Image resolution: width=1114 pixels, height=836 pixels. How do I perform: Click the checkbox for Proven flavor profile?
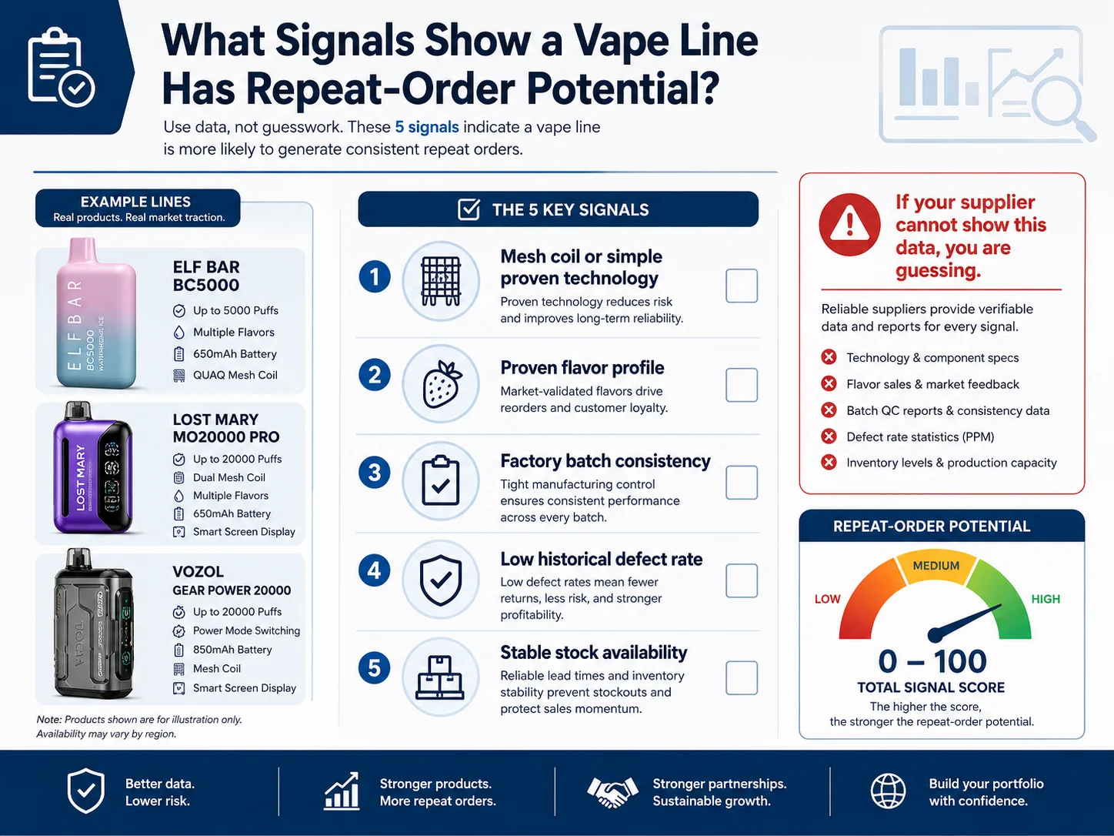[742, 385]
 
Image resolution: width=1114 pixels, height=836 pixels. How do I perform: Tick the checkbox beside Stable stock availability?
[742, 677]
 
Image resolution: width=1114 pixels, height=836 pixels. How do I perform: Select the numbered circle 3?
[375, 473]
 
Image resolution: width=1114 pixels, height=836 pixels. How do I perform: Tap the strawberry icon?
[442, 384]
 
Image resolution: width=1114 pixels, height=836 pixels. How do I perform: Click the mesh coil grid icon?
[441, 281]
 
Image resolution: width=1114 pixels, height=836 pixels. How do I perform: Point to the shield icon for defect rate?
[441, 580]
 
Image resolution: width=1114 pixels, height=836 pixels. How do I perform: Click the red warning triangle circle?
[849, 224]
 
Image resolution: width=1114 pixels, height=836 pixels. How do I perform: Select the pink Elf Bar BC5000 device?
[95, 313]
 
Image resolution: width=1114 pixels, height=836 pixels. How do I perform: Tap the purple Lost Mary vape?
[93, 467]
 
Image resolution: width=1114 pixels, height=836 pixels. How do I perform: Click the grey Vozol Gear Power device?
[93, 624]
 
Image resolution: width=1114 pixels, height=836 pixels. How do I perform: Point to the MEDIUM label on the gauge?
[936, 566]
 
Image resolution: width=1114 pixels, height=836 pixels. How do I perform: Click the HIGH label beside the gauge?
[1046, 599]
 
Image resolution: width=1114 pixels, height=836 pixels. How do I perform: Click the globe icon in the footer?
[888, 791]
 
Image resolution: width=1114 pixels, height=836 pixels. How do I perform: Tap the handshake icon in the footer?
[612, 792]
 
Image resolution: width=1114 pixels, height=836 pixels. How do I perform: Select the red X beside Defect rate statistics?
[829, 436]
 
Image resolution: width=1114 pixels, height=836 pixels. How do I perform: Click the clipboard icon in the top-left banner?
[61, 67]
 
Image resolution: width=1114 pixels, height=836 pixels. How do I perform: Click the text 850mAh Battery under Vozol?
[232, 650]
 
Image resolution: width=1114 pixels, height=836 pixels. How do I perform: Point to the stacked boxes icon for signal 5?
[440, 677]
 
